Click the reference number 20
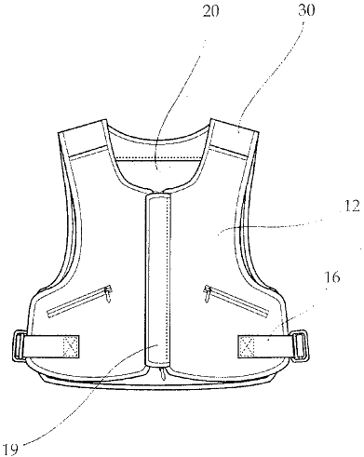[210, 10]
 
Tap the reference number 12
[351, 207]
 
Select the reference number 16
[331, 277]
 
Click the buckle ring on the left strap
[20, 346]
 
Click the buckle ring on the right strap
[301, 345]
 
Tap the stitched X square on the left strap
[71, 345]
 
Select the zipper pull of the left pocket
[108, 294]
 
